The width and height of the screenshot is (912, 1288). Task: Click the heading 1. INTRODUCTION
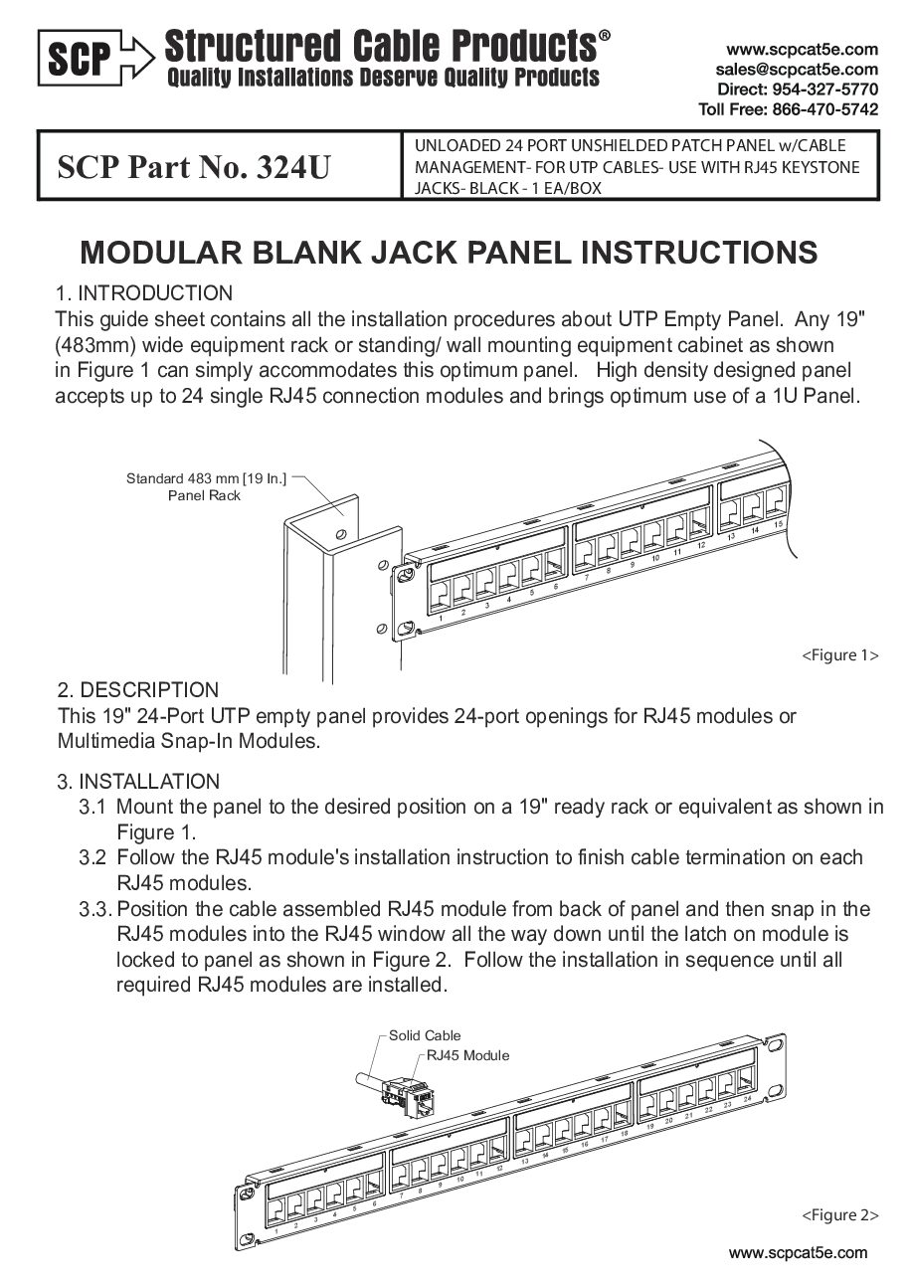pyautogui.click(x=145, y=293)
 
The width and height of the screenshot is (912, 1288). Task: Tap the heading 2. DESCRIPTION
pyautogui.click(x=138, y=690)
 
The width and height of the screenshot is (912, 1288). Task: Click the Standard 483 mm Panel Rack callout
pyautogui.click(x=206, y=487)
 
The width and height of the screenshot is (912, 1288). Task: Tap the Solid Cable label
pyautogui.click(x=425, y=1035)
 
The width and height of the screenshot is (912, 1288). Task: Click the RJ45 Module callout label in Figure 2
pyautogui.click(x=467, y=1055)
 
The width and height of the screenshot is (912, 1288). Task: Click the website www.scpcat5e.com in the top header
pyautogui.click(x=802, y=49)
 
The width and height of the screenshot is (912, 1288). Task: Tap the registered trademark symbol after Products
pyautogui.click(x=605, y=36)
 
